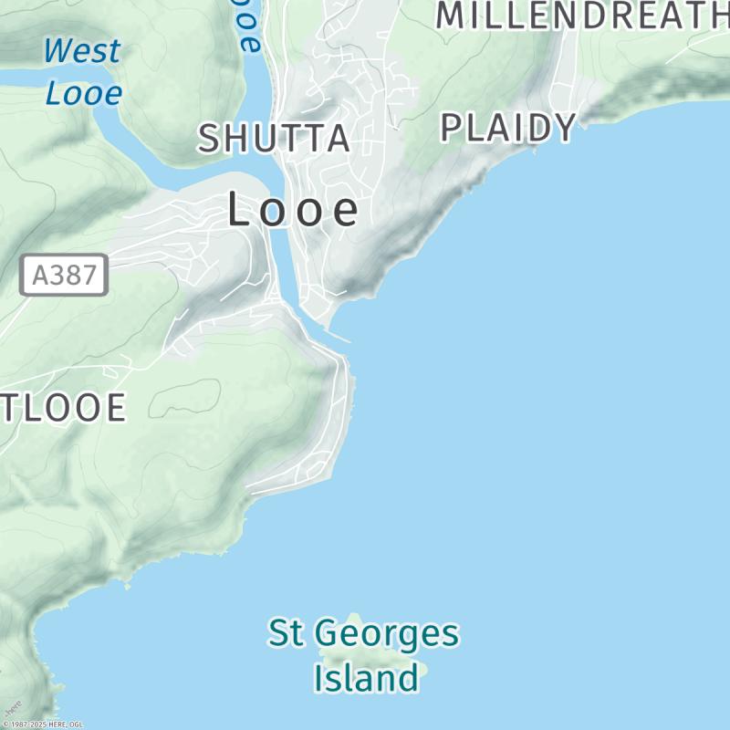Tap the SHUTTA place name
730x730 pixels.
[275, 139]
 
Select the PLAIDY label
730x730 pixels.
[508, 128]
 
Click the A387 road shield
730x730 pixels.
[64, 275]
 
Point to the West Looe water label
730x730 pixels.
[82, 71]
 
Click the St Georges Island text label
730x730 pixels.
[363, 655]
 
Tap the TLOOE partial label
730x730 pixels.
[62, 408]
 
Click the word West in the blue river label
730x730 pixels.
[82, 51]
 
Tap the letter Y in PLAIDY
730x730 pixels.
[564, 128]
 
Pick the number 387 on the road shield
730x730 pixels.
[73, 275]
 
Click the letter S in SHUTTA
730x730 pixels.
[209, 139]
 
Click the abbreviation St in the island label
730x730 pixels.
[285, 633]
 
